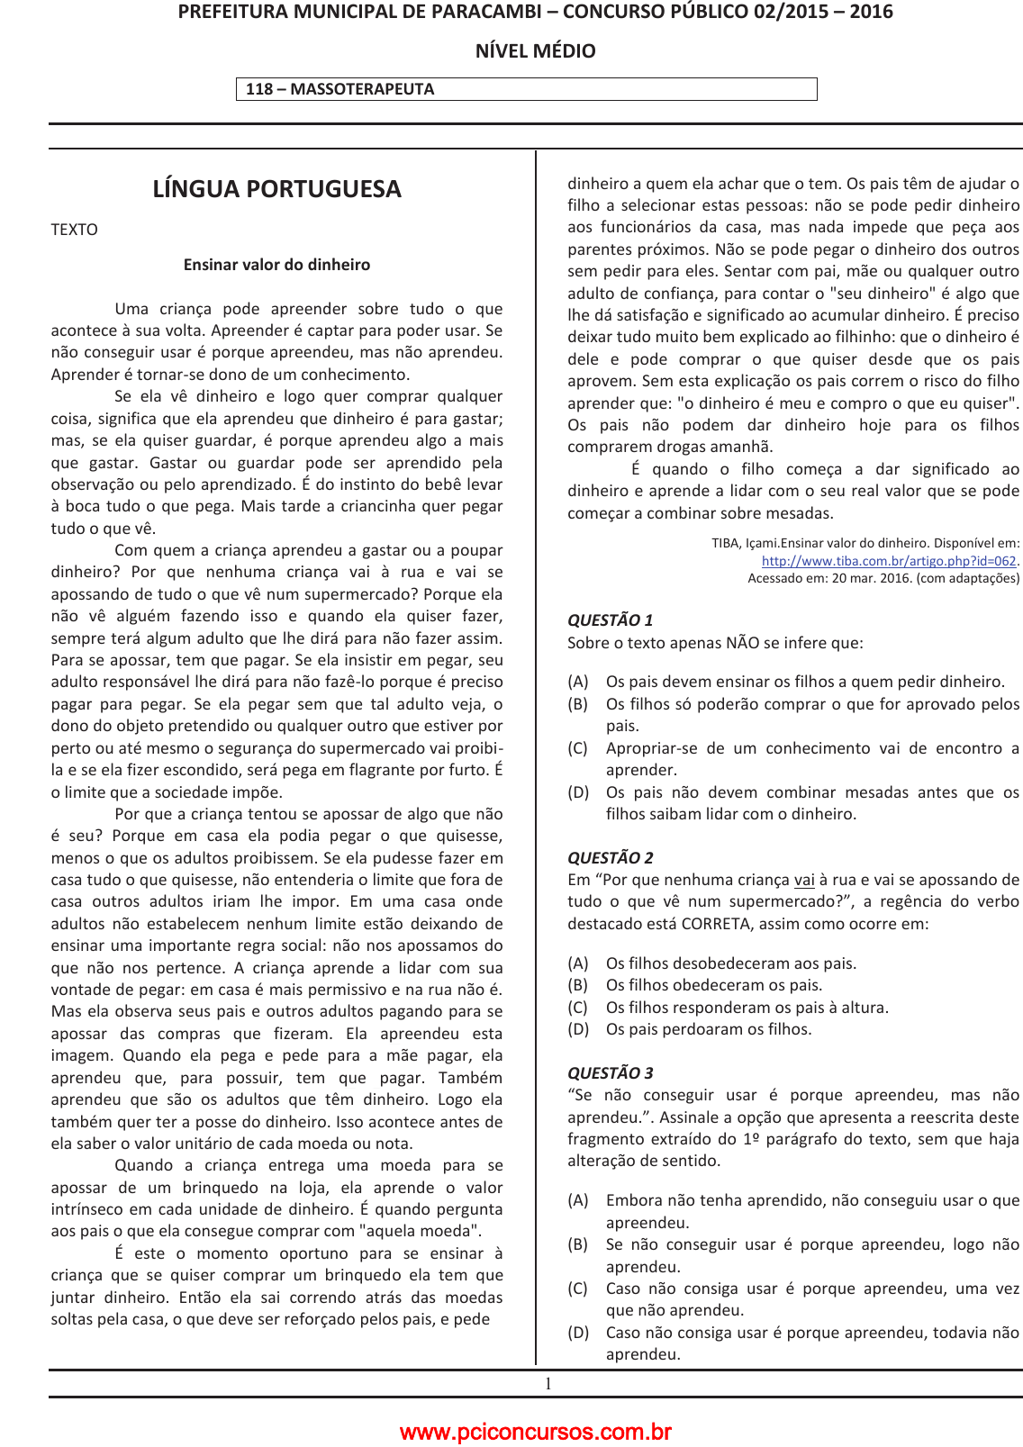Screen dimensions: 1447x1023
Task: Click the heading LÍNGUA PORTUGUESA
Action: (x=276, y=189)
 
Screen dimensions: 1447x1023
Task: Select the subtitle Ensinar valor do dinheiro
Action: (x=276, y=265)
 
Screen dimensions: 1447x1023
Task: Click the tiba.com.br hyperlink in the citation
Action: (x=888, y=561)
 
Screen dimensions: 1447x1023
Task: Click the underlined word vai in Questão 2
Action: (x=804, y=880)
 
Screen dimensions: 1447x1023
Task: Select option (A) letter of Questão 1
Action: (x=577, y=682)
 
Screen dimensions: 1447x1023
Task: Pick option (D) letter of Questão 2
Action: (x=577, y=1029)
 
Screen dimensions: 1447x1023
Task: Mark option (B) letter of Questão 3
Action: (x=577, y=1244)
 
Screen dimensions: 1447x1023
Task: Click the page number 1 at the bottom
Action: (x=548, y=1384)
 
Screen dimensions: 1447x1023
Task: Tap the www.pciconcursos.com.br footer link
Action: (x=535, y=1432)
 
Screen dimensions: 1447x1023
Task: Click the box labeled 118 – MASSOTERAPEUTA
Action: (x=526, y=89)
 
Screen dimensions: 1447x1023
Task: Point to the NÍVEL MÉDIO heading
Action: (x=535, y=51)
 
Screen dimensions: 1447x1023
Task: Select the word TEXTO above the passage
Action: (x=74, y=230)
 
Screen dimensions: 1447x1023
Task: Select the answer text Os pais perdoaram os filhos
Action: (x=709, y=1029)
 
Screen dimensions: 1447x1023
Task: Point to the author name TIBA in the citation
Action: (x=725, y=543)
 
